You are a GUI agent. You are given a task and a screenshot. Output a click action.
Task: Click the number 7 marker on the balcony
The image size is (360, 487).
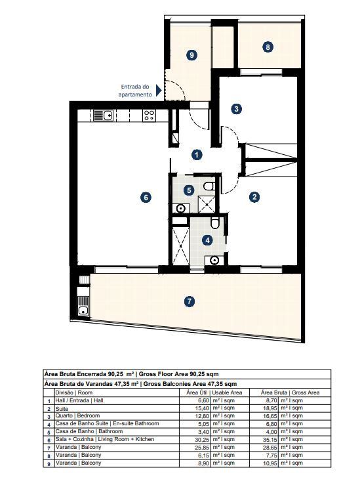pyautogui.click(x=189, y=301)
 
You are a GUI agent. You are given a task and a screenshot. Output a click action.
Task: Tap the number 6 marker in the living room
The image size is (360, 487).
pyautogui.click(x=146, y=196)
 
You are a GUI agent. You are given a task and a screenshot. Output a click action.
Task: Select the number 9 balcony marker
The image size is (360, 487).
pyautogui.click(x=191, y=55)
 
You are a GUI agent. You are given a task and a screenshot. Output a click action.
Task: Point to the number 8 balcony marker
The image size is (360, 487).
pyautogui.click(x=268, y=47)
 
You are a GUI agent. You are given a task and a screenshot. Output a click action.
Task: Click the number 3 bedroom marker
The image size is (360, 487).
pyautogui.click(x=236, y=109)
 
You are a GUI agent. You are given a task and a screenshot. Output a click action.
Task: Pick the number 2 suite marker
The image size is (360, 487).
pyautogui.click(x=254, y=196)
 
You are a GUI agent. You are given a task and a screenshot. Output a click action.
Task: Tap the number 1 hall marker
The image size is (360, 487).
pyautogui.click(x=197, y=155)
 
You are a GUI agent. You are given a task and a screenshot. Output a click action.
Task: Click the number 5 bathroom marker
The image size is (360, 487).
pyautogui.click(x=189, y=190)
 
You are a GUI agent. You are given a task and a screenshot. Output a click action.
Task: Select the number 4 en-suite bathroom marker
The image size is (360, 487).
pyautogui.click(x=208, y=240)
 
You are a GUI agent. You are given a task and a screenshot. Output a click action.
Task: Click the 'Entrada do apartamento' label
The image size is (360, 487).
pyautogui.click(x=135, y=91)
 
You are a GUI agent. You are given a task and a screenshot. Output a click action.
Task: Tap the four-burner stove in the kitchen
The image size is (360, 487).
pyautogui.click(x=150, y=116)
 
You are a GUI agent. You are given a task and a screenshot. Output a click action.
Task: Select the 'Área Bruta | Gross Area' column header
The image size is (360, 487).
pyautogui.click(x=290, y=391)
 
